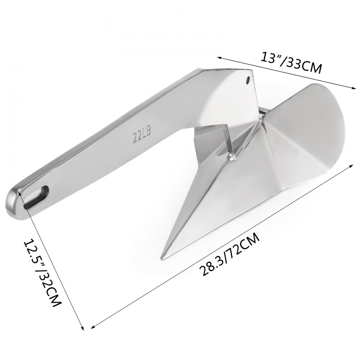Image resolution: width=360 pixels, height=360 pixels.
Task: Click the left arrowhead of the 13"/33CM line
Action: pyautogui.click(x=218, y=57)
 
